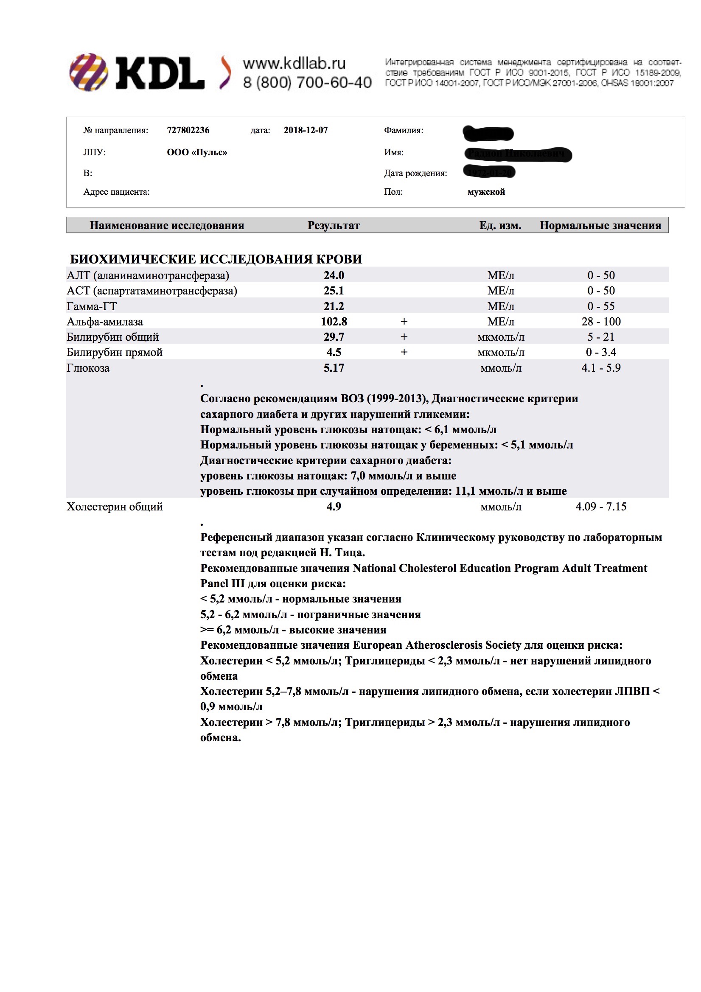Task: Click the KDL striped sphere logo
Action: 89,72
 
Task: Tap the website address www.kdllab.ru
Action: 294,63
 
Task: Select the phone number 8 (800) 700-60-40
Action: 307,82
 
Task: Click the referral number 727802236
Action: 188,130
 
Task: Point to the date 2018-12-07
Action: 306,130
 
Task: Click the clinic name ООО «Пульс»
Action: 196,152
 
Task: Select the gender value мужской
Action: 486,192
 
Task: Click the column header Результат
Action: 334,225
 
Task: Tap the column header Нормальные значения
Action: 600,225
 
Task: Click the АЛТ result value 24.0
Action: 334,275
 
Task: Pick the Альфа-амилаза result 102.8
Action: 334,322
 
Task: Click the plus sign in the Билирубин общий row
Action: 404,336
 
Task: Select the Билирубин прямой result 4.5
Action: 334,352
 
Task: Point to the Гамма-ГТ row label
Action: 92,306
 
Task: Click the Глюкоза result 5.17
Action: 334,368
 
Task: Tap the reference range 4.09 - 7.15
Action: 601,506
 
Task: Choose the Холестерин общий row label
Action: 115,506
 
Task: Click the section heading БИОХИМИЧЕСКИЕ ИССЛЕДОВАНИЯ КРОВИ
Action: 216,259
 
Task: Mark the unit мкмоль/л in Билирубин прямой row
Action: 501,352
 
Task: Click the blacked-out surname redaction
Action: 488,133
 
